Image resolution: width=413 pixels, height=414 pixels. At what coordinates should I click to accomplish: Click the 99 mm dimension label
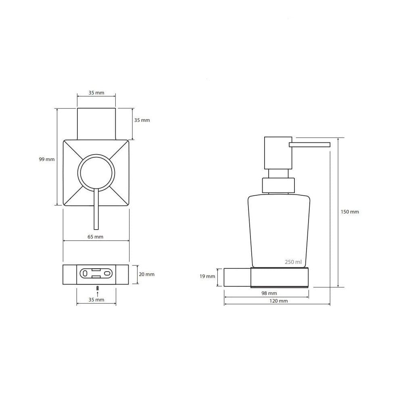[47, 159]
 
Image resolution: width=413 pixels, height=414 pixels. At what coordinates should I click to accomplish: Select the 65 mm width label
[95, 237]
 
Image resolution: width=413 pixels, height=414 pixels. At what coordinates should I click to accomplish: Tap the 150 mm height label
[350, 212]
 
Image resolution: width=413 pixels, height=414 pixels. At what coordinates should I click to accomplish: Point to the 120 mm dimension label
[278, 301]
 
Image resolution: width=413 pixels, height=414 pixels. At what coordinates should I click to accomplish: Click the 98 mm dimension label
[269, 293]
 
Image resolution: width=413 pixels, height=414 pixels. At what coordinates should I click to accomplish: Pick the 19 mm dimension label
[207, 276]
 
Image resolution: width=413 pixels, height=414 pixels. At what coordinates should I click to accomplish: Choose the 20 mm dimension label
[146, 274]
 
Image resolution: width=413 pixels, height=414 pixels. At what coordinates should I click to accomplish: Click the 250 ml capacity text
[293, 262]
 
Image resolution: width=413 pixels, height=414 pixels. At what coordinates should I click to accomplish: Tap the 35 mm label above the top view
[96, 93]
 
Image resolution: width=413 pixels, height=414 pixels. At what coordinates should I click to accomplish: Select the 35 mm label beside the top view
[142, 120]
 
